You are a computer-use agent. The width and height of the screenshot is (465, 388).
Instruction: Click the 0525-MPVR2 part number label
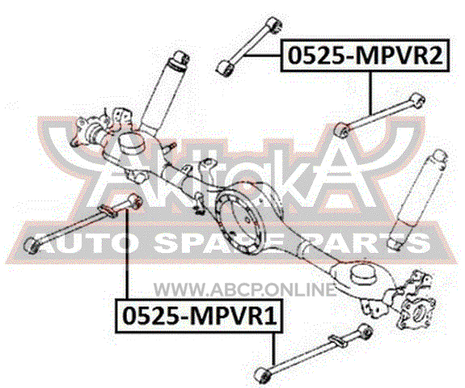(x=365, y=56)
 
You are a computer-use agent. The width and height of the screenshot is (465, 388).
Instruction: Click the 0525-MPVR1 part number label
(x=199, y=316)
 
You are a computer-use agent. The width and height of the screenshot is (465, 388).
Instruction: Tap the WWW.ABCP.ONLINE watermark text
(x=245, y=289)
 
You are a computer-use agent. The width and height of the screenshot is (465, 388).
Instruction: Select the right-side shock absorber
(x=417, y=199)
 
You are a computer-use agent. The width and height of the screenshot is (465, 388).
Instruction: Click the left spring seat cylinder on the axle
(x=131, y=143)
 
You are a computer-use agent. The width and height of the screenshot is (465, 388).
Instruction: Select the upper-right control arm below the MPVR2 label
(x=378, y=116)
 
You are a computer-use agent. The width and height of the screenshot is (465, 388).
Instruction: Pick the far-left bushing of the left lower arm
(x=32, y=245)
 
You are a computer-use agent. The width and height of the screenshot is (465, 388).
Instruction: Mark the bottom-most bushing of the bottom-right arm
(x=262, y=376)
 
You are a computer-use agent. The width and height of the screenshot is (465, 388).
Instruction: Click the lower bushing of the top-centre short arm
(x=224, y=68)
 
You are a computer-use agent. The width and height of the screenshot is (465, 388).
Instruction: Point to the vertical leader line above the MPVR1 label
(x=127, y=254)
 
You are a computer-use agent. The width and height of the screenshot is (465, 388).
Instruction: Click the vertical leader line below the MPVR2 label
(x=370, y=93)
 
